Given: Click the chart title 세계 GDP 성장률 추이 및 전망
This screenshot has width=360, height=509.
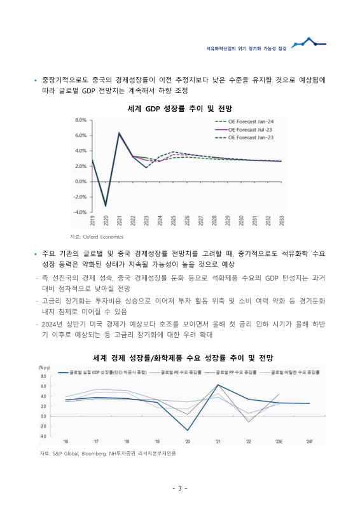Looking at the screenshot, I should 180,108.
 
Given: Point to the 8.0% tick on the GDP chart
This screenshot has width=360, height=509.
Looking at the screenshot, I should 81,120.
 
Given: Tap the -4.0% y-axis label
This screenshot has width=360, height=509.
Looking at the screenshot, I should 80,212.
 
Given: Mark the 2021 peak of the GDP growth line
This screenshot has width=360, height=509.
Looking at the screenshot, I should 119,133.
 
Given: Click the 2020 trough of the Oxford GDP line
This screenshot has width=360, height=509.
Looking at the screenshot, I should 106,206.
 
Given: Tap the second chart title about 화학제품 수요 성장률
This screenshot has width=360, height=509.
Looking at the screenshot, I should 180,358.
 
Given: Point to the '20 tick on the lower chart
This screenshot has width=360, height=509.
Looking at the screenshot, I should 188,441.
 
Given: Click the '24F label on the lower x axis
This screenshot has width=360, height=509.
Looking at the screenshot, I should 309,441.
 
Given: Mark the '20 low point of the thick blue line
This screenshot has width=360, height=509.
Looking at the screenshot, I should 188,430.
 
